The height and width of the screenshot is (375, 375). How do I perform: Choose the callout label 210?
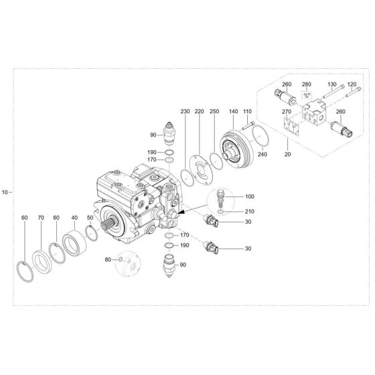click(250, 212)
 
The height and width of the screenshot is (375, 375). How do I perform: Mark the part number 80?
click(108, 259)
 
